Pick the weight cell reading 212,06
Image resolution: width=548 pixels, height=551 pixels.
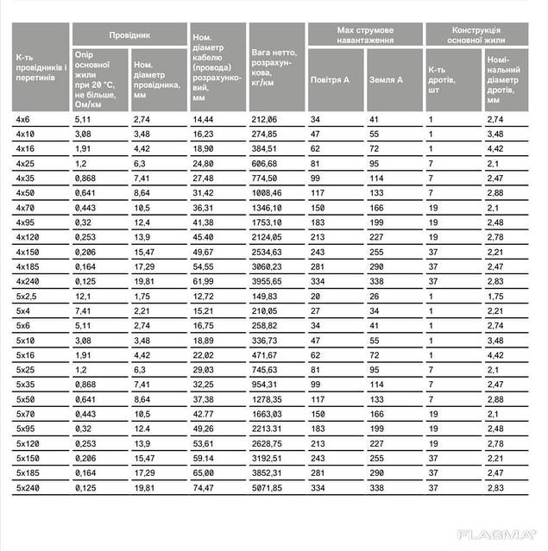tap(265, 118)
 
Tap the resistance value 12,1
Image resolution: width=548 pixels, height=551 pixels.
tap(83, 295)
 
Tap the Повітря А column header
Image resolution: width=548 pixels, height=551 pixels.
tap(330, 79)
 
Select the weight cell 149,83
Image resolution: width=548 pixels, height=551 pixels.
tap(265, 295)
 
